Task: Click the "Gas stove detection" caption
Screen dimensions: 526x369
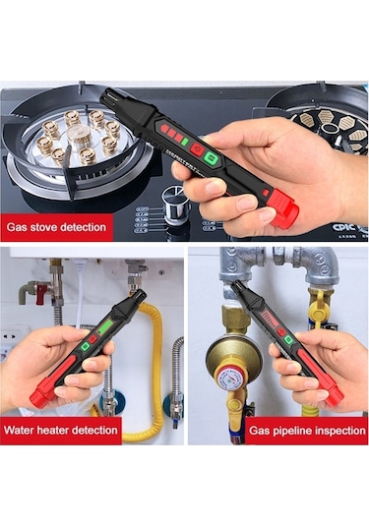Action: tap(56, 227)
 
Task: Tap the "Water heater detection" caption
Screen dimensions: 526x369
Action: tap(61, 430)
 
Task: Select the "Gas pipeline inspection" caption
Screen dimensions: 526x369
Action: tap(306, 430)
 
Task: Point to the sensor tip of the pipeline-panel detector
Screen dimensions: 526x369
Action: tap(239, 289)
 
